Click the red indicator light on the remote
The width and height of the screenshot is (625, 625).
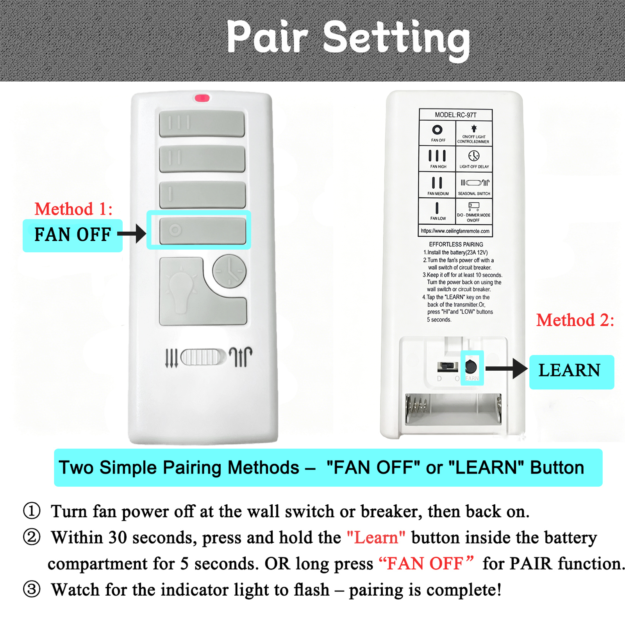(202, 98)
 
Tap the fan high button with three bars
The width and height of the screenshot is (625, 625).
(202, 123)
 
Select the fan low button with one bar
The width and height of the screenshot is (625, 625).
(202, 195)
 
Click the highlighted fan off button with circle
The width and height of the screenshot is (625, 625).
(203, 230)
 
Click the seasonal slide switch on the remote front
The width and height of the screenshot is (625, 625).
(204, 357)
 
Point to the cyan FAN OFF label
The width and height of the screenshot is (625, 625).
(73, 235)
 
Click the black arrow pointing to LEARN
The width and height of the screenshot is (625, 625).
(506, 368)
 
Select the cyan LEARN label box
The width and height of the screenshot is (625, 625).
(571, 372)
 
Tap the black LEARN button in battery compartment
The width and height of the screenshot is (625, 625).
(471, 366)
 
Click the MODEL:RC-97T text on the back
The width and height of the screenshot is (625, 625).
(455, 115)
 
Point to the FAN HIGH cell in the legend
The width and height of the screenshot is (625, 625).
(437, 159)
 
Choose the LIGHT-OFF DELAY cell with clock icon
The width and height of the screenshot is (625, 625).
(474, 159)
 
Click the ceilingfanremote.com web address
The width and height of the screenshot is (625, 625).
(455, 231)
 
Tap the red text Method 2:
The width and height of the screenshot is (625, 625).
(575, 320)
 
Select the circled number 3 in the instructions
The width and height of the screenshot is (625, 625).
(32, 589)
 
